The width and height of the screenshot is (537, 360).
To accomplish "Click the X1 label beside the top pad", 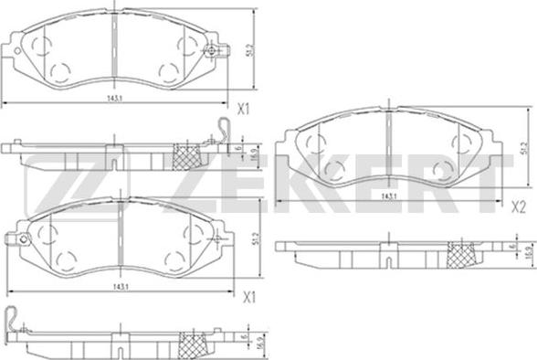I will click(244, 110).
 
